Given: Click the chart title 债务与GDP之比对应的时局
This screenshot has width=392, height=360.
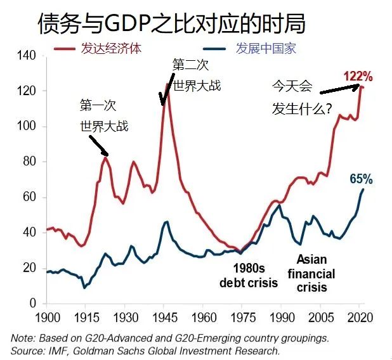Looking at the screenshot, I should (x=171, y=23).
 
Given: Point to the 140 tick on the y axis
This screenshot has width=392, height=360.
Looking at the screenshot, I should (x=26, y=56).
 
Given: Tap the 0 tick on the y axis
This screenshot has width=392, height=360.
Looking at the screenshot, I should (x=32, y=304).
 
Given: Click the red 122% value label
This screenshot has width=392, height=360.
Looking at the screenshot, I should (x=358, y=76).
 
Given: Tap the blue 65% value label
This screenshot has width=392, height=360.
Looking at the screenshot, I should (x=361, y=179).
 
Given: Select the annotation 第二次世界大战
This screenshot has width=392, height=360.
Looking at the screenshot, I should (x=196, y=75).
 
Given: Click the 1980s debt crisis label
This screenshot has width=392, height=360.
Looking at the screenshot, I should (x=249, y=274).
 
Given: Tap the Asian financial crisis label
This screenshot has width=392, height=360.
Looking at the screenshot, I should (x=311, y=273).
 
